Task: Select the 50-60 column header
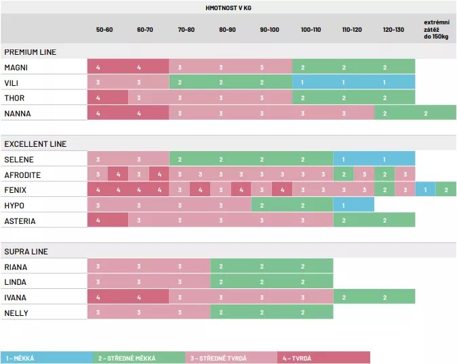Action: (x=105, y=30)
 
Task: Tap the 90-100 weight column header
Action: (x=269, y=30)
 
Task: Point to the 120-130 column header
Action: (x=393, y=30)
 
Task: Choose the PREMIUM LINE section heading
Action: (x=30, y=52)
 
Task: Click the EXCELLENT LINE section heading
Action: (x=35, y=144)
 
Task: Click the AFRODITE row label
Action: (x=22, y=175)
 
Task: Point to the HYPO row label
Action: (x=15, y=205)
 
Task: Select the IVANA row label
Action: (x=16, y=298)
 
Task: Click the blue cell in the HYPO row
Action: (x=353, y=205)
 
